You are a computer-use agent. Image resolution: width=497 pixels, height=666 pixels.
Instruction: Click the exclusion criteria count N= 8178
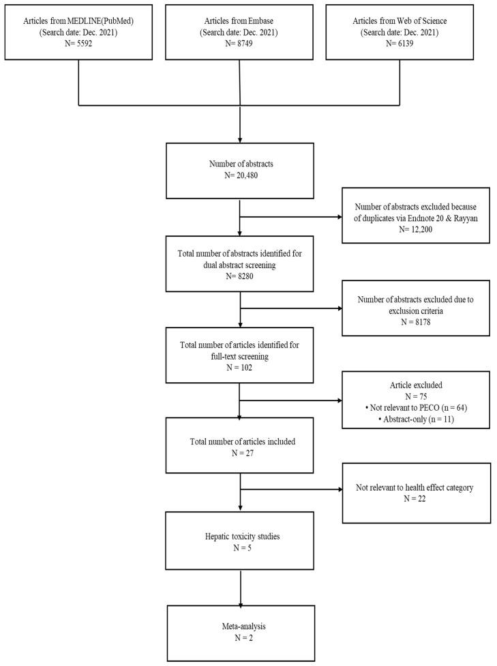(416, 319)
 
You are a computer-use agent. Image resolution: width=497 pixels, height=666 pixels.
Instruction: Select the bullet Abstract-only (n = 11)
(416, 418)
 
